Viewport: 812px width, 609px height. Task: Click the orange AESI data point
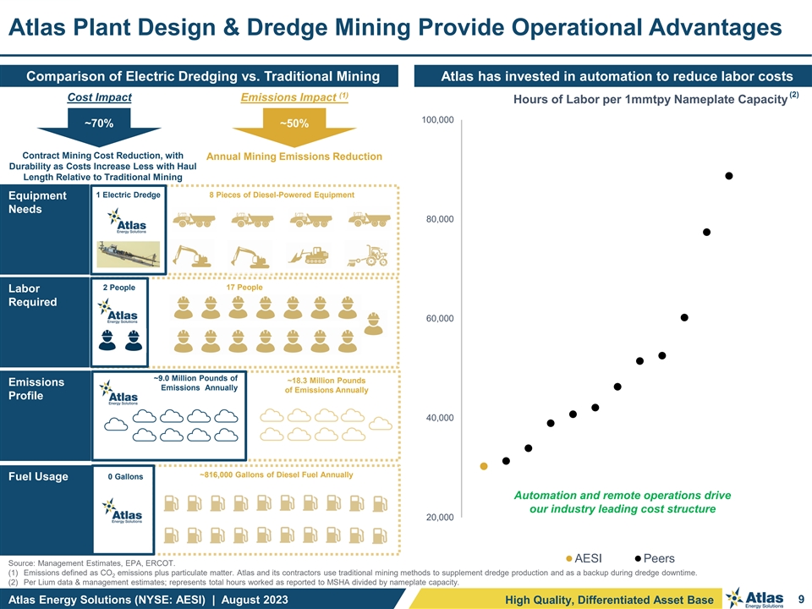(x=484, y=466)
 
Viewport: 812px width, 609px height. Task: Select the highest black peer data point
(x=728, y=176)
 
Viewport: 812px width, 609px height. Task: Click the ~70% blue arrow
(x=100, y=125)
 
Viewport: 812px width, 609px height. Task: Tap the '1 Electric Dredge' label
(x=128, y=195)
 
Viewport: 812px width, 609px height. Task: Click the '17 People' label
(x=244, y=288)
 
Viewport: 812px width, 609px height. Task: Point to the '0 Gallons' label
(x=125, y=477)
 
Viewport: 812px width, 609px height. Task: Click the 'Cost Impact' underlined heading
(x=99, y=98)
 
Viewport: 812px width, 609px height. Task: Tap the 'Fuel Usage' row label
(x=37, y=477)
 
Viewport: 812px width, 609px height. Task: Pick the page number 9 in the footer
(x=798, y=600)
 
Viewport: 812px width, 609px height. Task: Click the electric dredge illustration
(x=128, y=253)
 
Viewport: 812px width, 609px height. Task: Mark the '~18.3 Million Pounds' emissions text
(x=326, y=381)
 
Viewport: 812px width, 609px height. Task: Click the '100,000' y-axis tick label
(x=436, y=120)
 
